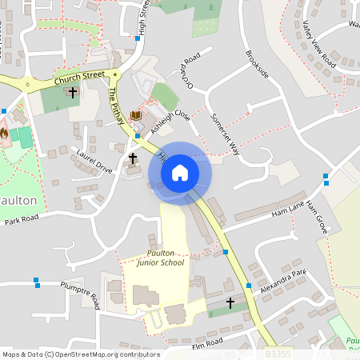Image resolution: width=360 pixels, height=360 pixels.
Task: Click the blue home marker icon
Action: click(180, 172)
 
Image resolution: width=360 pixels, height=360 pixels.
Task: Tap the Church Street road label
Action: click(79, 78)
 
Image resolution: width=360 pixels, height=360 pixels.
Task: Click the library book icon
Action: click(135, 116)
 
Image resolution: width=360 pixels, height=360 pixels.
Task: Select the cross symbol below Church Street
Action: click(73, 92)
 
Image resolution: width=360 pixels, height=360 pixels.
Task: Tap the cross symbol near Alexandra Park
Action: click(230, 303)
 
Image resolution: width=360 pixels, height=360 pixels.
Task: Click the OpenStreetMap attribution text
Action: click(81, 354)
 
